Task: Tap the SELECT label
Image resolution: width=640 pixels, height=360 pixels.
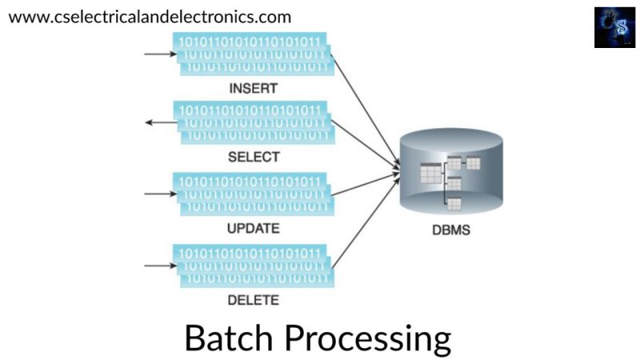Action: [x=253, y=157]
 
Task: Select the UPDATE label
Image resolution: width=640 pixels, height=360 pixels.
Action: [x=253, y=228]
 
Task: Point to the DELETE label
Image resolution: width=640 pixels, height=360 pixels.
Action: [x=253, y=300]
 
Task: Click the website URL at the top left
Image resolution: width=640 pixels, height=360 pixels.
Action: [x=150, y=16]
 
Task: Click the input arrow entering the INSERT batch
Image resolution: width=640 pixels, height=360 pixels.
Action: [x=158, y=54]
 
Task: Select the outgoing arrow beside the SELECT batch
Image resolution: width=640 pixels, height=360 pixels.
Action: [x=158, y=122]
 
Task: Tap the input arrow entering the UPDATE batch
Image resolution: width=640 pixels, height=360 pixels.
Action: [x=158, y=193]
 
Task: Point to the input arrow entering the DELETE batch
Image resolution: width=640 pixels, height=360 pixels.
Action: [x=158, y=263]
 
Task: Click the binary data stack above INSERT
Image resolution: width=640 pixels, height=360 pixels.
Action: [x=253, y=54]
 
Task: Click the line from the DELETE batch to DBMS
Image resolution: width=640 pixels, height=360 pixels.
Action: [x=364, y=220]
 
